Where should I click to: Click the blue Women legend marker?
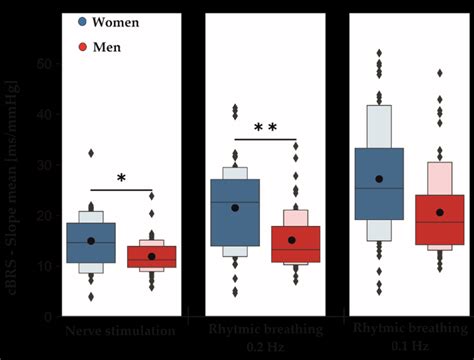click(x=84, y=21)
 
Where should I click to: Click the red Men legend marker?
click(x=84, y=46)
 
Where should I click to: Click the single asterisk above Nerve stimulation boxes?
click(x=121, y=179)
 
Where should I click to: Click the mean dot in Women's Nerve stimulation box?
click(x=91, y=241)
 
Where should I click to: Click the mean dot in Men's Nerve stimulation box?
click(x=152, y=256)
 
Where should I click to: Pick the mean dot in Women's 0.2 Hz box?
click(x=235, y=208)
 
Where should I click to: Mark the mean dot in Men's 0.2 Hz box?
click(x=292, y=240)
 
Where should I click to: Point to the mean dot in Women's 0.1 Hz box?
click(x=379, y=179)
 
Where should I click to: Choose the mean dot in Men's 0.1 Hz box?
click(x=439, y=212)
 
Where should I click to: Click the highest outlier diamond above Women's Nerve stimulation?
click(x=91, y=153)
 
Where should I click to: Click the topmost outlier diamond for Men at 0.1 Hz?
click(x=439, y=73)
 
